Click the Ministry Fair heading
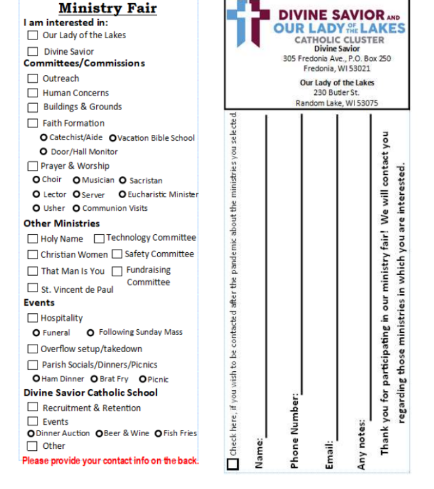tap(108, 8)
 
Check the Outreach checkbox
tap(32, 78)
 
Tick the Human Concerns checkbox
tap(32, 93)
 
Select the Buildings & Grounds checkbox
tap(32, 107)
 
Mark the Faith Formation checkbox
tap(32, 123)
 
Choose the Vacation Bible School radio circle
tap(113, 138)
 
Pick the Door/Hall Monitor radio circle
tap(43, 152)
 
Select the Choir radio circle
tap(36, 180)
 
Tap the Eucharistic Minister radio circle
tap(122, 195)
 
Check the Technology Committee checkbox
tap(99, 239)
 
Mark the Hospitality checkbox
tap(32, 318)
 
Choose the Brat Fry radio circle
tap(94, 379)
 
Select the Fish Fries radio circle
tap(158, 434)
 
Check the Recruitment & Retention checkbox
tap(32, 407)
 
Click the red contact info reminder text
tap(110, 460)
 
